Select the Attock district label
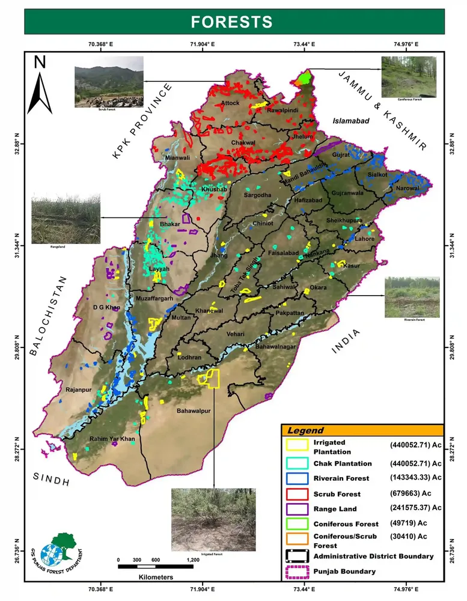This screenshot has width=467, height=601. pos(230,103)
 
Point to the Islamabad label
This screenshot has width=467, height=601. pos(350,121)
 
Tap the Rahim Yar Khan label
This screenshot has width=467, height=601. pos(112,439)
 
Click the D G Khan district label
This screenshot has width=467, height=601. pos(106,308)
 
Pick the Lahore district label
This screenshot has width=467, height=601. pos(364,239)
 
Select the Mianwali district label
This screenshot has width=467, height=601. pos(177,158)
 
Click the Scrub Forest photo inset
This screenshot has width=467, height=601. pos(109,82)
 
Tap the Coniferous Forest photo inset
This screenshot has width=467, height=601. pos(409,76)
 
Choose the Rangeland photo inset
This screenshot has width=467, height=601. pos(66,219)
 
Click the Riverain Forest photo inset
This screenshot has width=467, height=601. pos(412,297)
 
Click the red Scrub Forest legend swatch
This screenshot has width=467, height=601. pos(296,493)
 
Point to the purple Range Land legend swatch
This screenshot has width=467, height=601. pos(296,508)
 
